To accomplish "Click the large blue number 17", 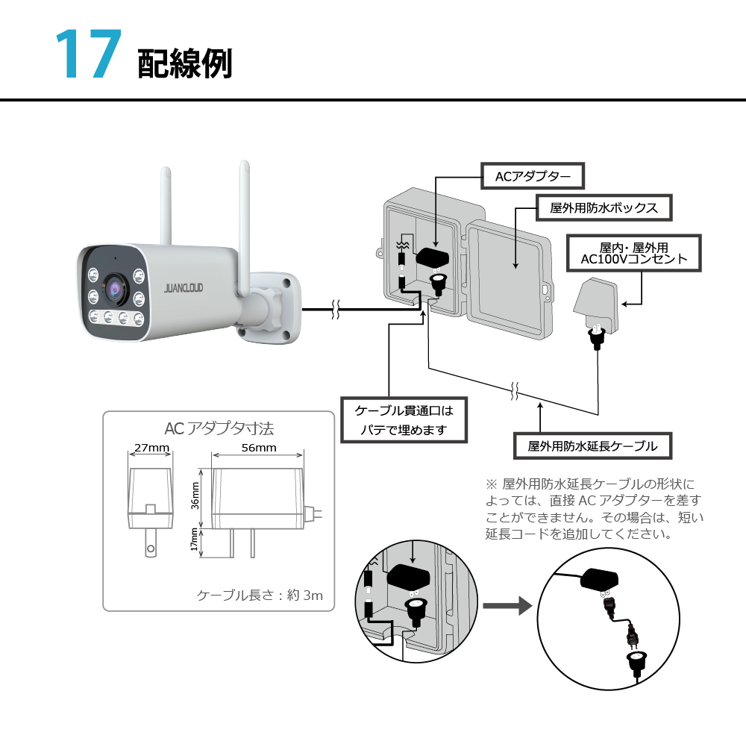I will coord(88,55).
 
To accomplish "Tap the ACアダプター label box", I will coord(532,177).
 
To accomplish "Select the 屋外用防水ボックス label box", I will coord(604,207).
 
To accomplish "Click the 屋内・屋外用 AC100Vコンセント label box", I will coord(633,252).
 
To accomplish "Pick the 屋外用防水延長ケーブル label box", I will coord(592,446).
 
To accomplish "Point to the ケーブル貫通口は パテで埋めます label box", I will coord(403,420).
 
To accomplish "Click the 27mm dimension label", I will coord(151,448).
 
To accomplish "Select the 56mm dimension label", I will coord(259,448).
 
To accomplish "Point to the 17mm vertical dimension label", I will coord(195,540).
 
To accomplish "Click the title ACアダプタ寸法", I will coord(219,428).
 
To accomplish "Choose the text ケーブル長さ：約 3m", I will coord(259,595).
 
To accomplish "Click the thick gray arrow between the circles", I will coord(507,605).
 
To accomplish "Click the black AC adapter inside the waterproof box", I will coord(433,257).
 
